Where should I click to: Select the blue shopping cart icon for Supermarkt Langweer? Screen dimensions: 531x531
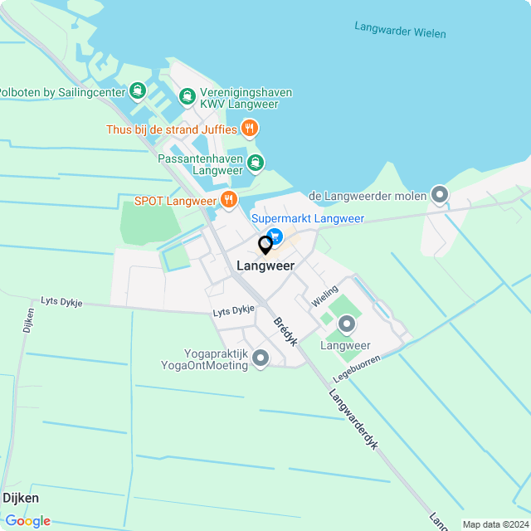point(275,237)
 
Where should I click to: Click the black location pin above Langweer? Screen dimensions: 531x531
point(265,246)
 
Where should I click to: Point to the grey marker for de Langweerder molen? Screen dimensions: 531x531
point(440,196)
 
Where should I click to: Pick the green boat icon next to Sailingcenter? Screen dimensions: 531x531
point(138,90)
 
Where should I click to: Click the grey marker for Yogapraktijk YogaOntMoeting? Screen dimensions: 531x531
point(261,358)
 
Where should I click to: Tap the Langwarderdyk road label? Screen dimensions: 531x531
point(353,420)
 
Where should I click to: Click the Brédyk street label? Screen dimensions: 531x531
point(285,331)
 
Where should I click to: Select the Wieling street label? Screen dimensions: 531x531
point(324,296)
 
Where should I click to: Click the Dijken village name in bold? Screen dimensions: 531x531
point(21,498)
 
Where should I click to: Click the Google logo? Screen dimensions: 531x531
point(27,520)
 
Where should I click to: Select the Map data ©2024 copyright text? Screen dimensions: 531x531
point(495,524)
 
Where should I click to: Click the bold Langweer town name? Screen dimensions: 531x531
point(265,265)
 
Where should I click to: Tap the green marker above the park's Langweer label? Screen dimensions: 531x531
point(346,324)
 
